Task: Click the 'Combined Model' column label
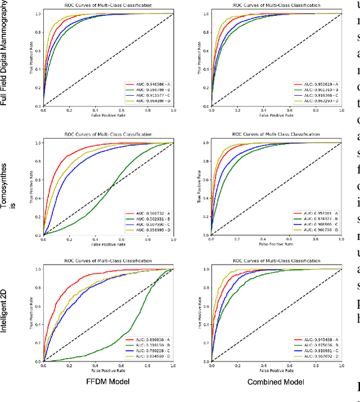coord(276,382)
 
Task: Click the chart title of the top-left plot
coord(109,5)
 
